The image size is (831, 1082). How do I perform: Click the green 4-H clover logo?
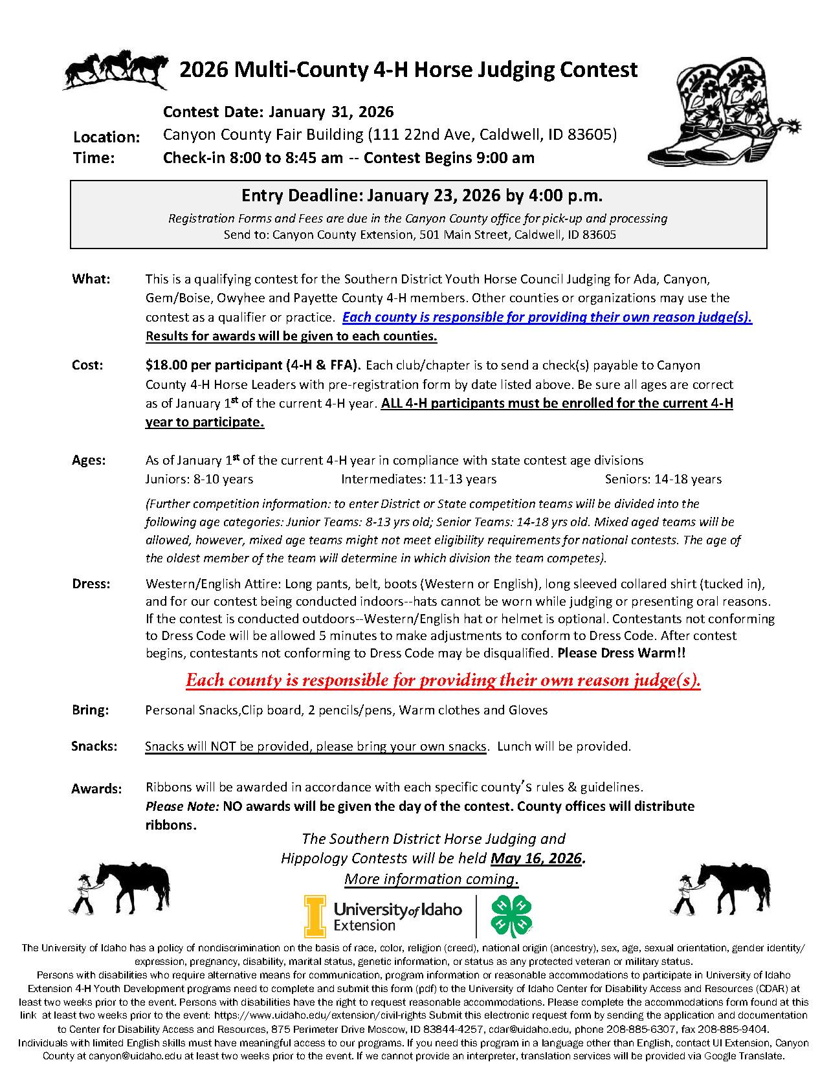[507, 916]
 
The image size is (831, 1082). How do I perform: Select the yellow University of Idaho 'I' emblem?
[315, 916]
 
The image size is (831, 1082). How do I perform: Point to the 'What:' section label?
[91, 279]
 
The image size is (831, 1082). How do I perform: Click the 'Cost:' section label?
[87, 365]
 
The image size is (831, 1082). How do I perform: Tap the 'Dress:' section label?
[91, 584]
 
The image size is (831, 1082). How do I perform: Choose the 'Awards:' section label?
[96, 789]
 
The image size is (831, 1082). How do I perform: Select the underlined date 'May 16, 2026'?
[537, 859]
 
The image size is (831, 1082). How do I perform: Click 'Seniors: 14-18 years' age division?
[663, 480]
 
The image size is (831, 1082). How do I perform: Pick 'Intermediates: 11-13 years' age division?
[419, 480]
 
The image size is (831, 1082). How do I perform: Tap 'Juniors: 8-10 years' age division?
[199, 480]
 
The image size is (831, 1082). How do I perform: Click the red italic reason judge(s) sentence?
[443, 681]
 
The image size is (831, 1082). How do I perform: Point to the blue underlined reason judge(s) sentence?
[547, 318]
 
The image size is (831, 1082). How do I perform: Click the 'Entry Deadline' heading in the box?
[422, 195]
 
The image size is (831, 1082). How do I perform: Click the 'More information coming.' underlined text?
[431, 879]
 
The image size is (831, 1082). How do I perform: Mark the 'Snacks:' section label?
[94, 746]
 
